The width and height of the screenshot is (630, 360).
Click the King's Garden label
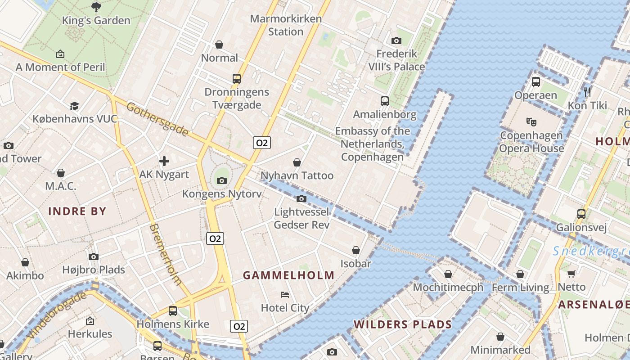(x=96, y=20)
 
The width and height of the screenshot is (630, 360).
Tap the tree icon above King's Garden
(x=96, y=7)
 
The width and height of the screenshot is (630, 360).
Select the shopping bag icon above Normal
(x=219, y=45)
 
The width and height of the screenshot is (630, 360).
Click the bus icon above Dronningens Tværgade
(x=237, y=78)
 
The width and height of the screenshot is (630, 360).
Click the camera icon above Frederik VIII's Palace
(x=396, y=40)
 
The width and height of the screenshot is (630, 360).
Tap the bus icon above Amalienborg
(x=385, y=101)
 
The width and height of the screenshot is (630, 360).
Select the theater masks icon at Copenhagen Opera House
(x=531, y=121)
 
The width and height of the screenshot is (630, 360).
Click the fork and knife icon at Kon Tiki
(x=587, y=92)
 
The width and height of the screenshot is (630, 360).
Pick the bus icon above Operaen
(x=535, y=82)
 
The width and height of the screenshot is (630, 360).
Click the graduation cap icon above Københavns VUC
(x=74, y=106)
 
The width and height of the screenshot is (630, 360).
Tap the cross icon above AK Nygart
(x=164, y=161)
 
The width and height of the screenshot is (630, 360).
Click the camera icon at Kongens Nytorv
(x=221, y=180)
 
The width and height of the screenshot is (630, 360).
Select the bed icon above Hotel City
(x=285, y=295)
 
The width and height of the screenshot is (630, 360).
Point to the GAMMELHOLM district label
(x=289, y=275)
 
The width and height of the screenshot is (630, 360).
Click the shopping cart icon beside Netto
(x=571, y=274)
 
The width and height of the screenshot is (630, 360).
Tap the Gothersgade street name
(x=157, y=119)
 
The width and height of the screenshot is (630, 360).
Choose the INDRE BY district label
(x=77, y=211)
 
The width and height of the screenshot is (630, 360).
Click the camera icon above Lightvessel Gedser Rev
(x=301, y=198)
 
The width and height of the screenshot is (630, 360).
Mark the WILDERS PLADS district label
(x=402, y=324)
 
